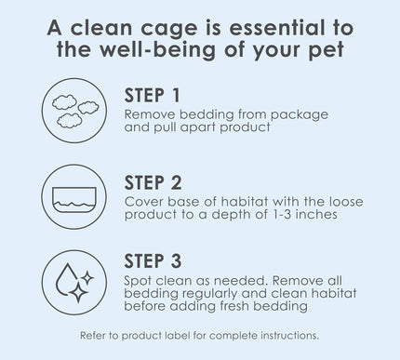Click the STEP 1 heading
click(152, 95)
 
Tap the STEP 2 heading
click(153, 182)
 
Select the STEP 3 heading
click(153, 261)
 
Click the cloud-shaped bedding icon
click(75, 111)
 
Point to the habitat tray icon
click(74, 200)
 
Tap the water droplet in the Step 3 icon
click(66, 279)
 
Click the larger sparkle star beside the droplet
click(78, 292)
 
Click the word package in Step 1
click(300, 115)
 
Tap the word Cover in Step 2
click(143, 202)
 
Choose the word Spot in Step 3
click(138, 281)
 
